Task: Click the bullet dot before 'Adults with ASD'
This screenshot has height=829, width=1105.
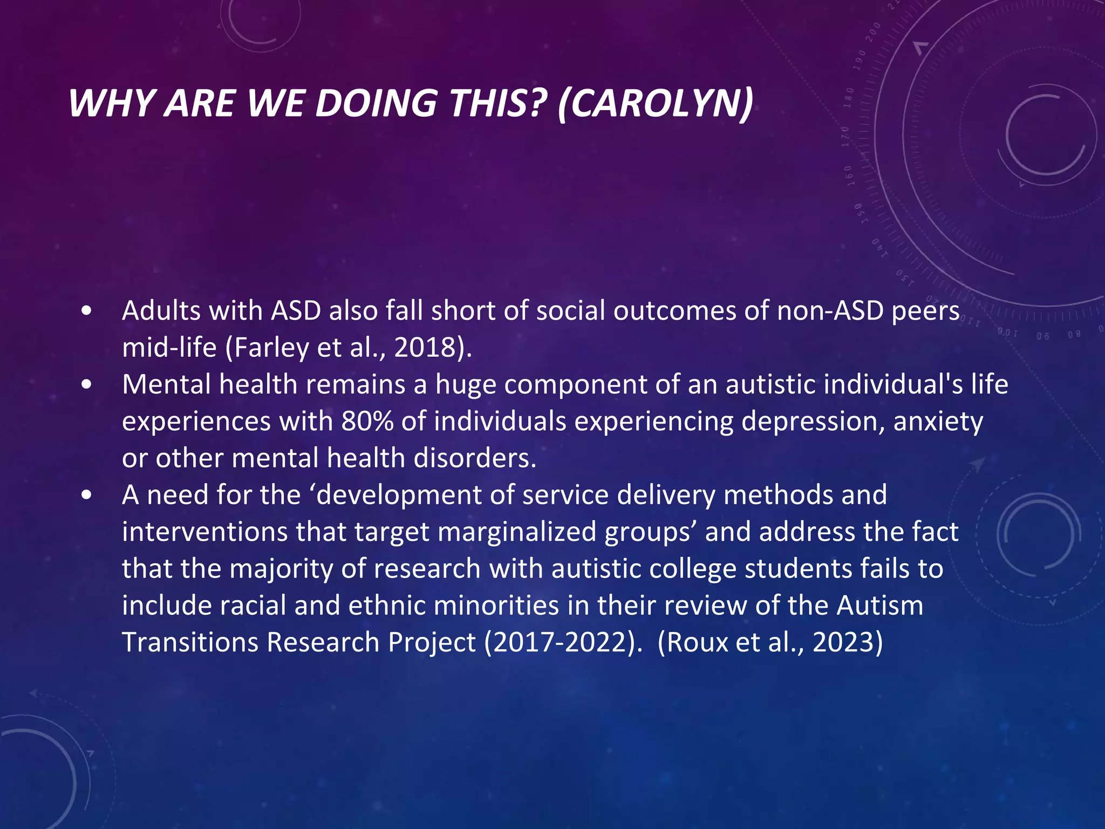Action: pyautogui.click(x=86, y=312)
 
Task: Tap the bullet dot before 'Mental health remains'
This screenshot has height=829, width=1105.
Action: pyautogui.click(x=86, y=385)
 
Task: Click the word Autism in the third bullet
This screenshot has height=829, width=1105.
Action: pyautogui.click(x=880, y=606)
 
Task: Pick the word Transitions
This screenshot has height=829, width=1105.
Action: pyautogui.click(x=190, y=643)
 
